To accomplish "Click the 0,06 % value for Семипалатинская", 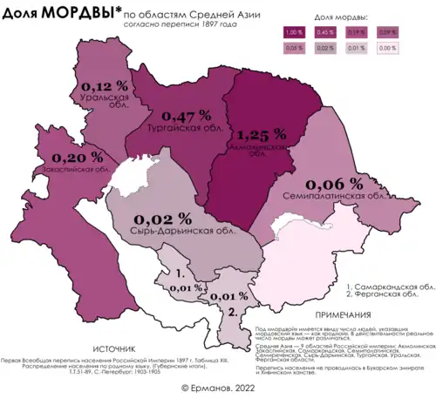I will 335,183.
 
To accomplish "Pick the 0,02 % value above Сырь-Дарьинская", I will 160,217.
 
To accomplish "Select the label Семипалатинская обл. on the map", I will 335,197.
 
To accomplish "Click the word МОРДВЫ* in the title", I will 77,12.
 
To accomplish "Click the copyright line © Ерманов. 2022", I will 218,386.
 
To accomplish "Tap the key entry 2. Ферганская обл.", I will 390,296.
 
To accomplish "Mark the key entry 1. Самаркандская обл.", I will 390,286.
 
